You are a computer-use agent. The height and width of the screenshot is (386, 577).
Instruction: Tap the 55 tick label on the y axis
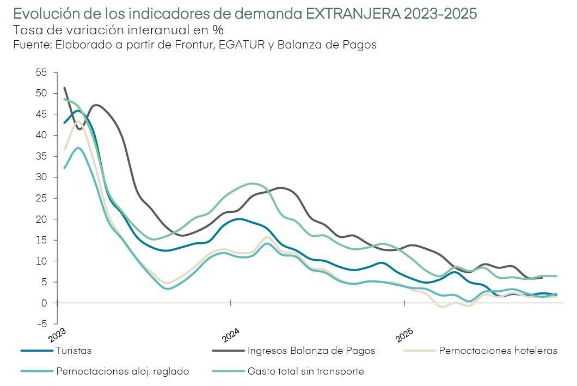[41, 72]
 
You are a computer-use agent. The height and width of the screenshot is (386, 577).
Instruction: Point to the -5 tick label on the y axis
[41, 324]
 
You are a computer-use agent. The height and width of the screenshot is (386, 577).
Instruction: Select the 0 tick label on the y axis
[44, 303]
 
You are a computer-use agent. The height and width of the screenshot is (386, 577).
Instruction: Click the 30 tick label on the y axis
[41, 177]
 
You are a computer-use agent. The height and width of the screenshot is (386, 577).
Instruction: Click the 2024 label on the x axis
[231, 335]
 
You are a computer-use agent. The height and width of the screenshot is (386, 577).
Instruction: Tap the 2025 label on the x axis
[404, 335]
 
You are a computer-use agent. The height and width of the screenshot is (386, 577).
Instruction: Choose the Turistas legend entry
[73, 351]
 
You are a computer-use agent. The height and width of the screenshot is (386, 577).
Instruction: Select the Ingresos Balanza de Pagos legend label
[311, 351]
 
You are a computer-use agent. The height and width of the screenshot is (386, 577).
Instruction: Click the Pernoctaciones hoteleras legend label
[498, 351]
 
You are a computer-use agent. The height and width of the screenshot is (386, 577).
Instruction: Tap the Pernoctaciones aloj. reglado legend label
[122, 372]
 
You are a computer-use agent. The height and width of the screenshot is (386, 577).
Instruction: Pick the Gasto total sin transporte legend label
[305, 372]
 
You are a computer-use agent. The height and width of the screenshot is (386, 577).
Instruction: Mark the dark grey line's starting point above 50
[65, 88]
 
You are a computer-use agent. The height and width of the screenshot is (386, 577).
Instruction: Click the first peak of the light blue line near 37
[79, 148]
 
